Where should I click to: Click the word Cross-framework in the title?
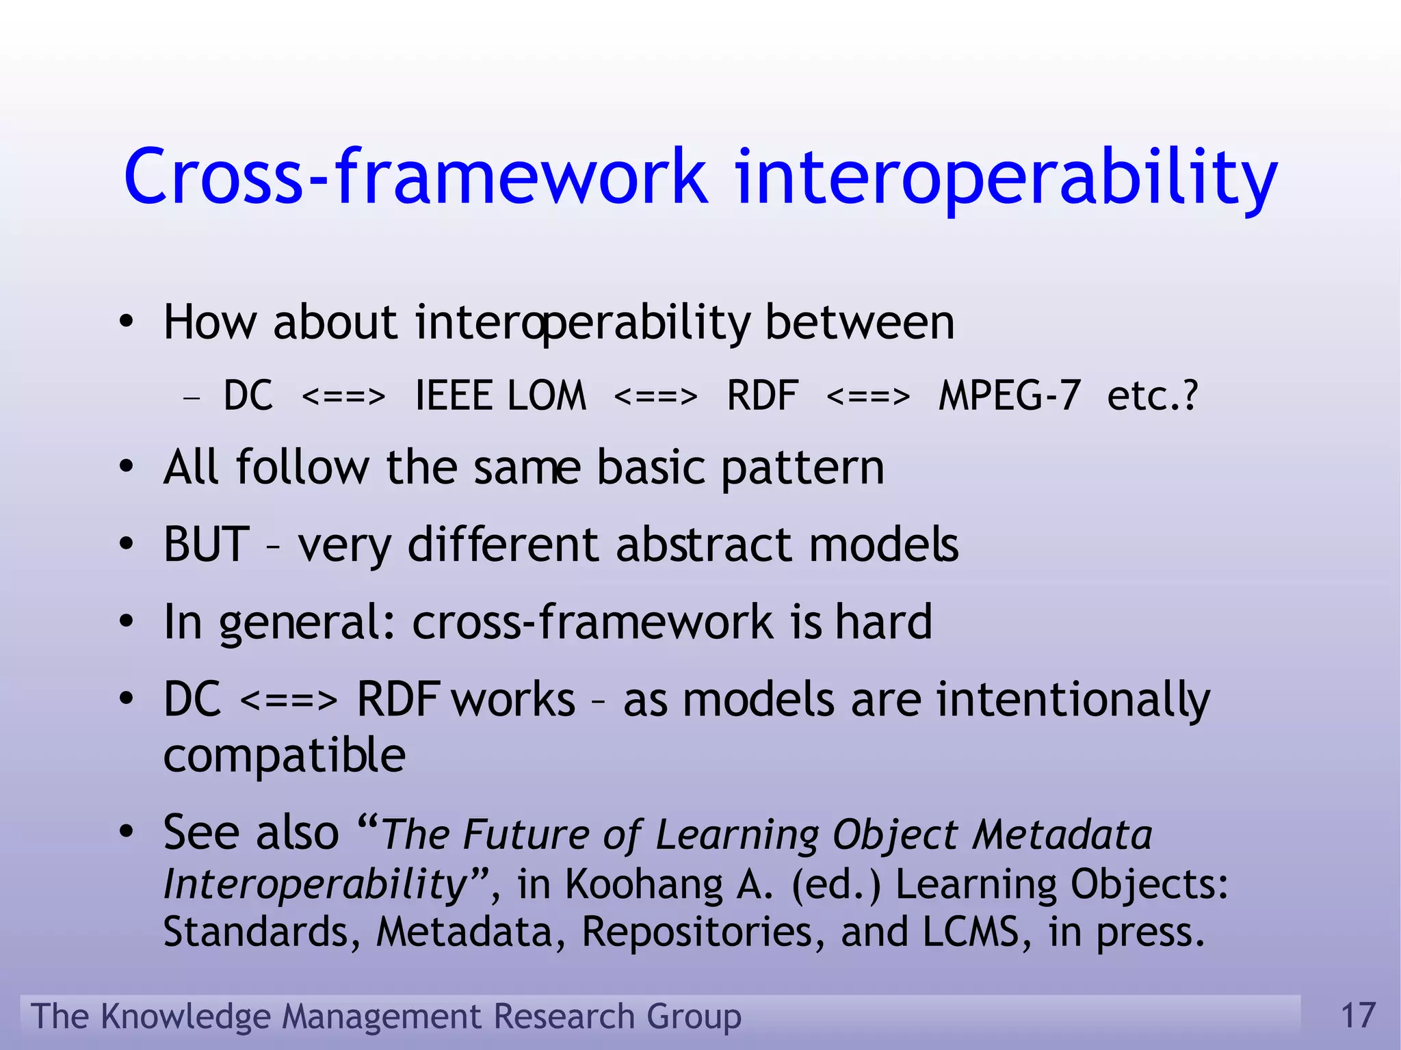416,176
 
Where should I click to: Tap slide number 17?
1358,1015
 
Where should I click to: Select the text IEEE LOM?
501,395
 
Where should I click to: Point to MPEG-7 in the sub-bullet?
1010,395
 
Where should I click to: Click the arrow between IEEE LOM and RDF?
655,397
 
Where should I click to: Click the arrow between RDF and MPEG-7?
868,397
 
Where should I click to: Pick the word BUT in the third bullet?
206,544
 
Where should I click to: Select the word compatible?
285,755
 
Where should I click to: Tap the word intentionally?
1073,700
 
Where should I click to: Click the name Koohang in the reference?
644,884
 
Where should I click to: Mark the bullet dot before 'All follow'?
126,468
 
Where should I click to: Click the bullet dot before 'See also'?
126,832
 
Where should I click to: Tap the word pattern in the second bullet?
802,468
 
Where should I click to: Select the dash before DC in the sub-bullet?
192,397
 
